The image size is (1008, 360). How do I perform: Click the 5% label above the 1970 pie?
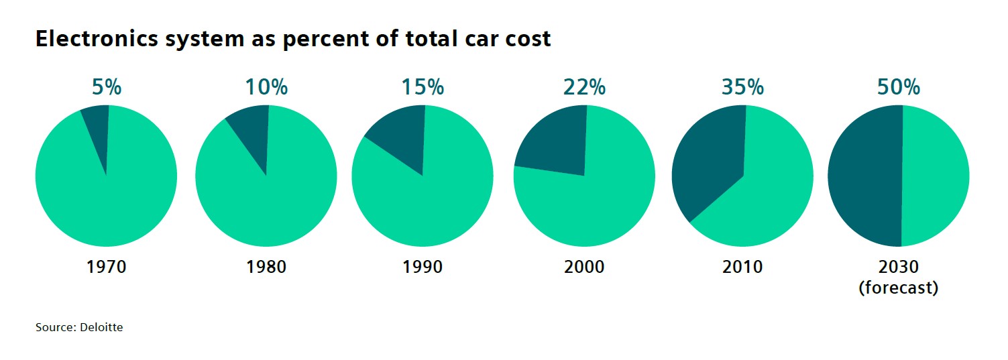[107, 88]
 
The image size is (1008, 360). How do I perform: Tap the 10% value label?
[266, 88]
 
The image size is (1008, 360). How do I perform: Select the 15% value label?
[423, 88]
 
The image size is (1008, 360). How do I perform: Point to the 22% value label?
[584, 88]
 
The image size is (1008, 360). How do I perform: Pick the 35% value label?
[742, 88]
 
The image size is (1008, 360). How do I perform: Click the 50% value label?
[899, 88]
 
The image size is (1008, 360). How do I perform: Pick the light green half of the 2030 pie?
[936, 176]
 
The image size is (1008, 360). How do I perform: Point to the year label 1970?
[107, 267]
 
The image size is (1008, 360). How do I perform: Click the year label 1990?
[423, 267]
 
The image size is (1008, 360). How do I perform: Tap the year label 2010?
[742, 267]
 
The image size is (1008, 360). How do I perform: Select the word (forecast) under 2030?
[899, 289]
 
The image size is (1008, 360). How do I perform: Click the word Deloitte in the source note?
[102, 328]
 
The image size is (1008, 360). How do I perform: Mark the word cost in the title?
[528, 40]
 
